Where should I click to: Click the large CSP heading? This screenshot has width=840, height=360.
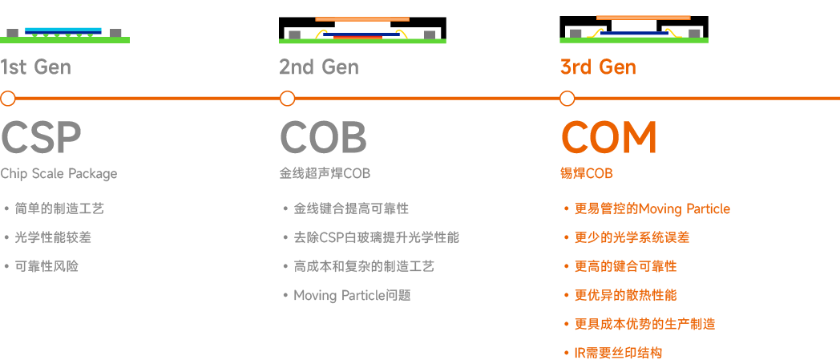(x=41, y=138)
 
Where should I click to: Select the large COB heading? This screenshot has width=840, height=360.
(x=323, y=138)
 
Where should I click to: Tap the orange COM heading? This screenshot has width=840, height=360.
(x=608, y=138)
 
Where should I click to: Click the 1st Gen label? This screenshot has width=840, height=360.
(x=35, y=67)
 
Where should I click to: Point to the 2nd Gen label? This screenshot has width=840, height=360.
(x=318, y=67)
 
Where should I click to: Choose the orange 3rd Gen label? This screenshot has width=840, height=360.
(x=598, y=67)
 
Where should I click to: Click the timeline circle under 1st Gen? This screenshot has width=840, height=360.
(x=8, y=99)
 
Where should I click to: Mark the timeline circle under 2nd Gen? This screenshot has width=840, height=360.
(x=287, y=99)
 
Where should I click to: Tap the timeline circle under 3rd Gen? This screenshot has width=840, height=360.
(x=567, y=99)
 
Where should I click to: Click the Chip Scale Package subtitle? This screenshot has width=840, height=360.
(x=59, y=174)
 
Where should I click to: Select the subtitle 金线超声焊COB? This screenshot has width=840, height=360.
(x=325, y=174)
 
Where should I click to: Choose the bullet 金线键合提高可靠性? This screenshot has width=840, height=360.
(x=351, y=208)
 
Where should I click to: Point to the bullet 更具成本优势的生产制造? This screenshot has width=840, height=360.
(x=644, y=324)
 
